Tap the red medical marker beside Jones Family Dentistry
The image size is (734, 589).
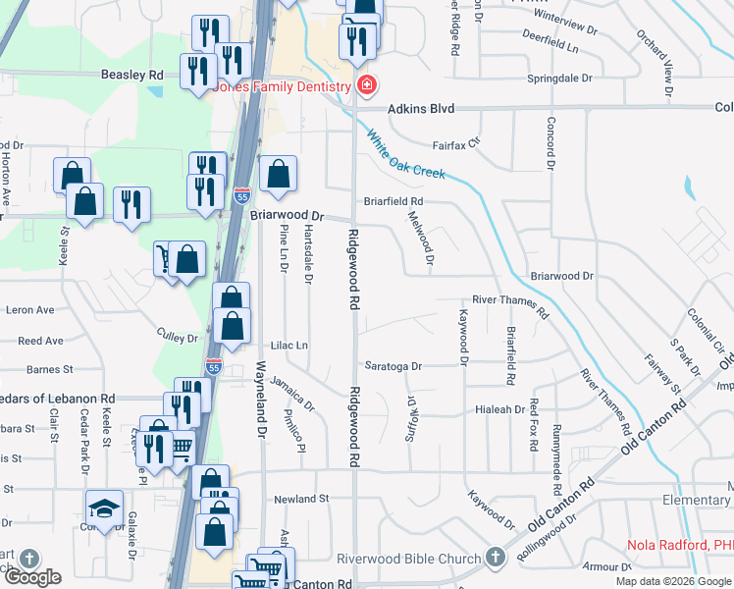[x=366, y=86]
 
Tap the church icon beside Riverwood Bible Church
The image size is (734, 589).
[x=496, y=557]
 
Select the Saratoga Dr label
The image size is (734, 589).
[x=392, y=366]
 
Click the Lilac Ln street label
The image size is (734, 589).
[x=289, y=346]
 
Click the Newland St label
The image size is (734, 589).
[x=301, y=499]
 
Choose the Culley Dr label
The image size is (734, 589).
[x=178, y=336]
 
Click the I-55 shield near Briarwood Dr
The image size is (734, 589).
[x=242, y=195]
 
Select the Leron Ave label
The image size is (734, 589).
[x=30, y=309]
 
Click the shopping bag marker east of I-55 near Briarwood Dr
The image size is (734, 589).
[x=279, y=175]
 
